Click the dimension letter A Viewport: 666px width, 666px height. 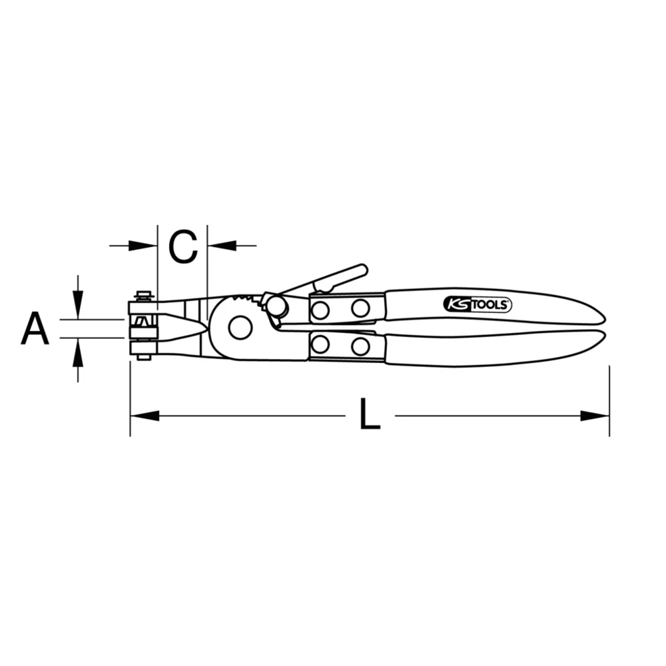coord(35,329)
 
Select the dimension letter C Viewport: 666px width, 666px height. coord(182,246)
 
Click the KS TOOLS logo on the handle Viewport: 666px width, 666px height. coord(477,305)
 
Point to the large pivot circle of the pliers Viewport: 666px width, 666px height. coord(240,327)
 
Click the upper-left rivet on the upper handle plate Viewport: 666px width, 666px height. coord(320,310)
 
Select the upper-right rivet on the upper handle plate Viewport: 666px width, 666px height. coord(360,308)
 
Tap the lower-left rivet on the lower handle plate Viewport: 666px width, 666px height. coord(320,344)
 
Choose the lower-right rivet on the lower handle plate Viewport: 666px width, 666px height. coord(360,346)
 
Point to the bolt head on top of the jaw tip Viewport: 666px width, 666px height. coord(143,295)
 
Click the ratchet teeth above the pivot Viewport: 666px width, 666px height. coord(245,300)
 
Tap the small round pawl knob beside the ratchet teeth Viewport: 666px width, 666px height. coord(277,307)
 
